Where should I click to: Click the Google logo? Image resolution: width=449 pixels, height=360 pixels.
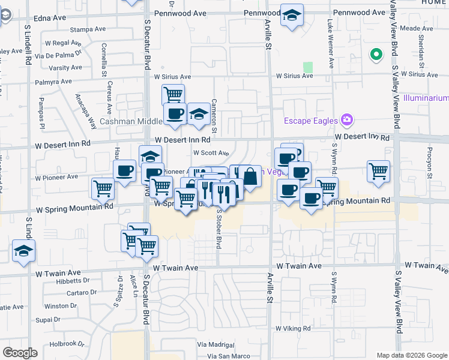click(20, 353)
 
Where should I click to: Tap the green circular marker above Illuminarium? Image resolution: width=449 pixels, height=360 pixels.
click(376, 55)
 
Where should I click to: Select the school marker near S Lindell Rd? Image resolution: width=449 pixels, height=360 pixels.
click(23, 251)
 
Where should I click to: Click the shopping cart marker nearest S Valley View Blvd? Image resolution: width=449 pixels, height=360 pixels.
click(378, 172)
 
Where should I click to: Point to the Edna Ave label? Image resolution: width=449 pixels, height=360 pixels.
click(50, 18)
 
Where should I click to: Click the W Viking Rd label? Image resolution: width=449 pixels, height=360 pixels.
click(293, 329)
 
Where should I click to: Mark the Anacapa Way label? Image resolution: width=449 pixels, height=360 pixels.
click(85, 112)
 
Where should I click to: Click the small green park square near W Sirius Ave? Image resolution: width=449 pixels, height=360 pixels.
click(308, 67)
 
